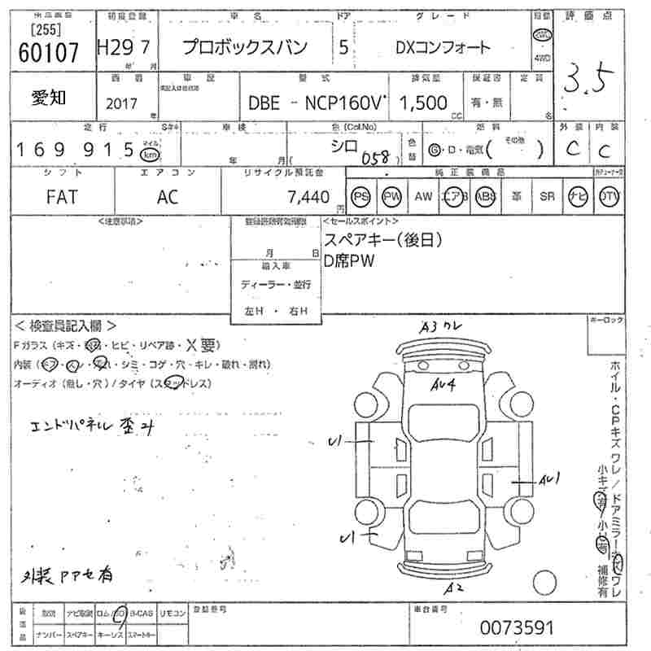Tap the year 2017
[x=122, y=103]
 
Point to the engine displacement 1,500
[x=424, y=103]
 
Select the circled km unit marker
[x=149, y=153]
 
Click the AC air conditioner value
[x=167, y=197]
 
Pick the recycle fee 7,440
[x=308, y=197]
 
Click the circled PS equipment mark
[x=360, y=196]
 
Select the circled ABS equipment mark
[x=485, y=196]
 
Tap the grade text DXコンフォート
[x=443, y=47]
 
